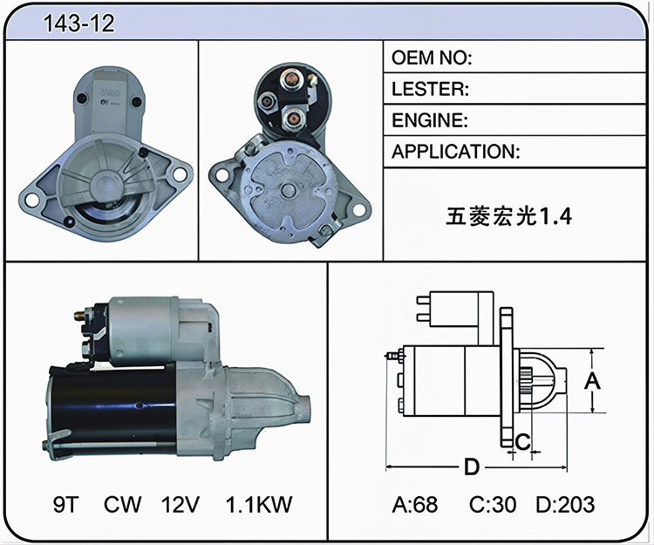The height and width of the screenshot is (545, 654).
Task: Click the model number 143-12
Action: click(x=78, y=24)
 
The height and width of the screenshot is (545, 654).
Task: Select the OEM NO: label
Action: click(x=432, y=58)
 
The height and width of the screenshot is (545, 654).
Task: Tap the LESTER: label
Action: click(x=430, y=89)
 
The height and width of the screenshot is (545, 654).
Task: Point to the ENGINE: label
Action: click(x=430, y=120)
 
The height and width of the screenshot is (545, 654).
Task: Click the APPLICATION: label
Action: click(x=456, y=152)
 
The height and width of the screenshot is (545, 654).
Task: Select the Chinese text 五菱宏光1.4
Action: click(x=508, y=216)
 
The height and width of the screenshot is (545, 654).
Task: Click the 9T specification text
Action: click(x=65, y=504)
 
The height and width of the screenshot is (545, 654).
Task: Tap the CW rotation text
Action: click(x=122, y=504)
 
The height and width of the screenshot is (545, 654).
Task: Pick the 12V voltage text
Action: click(x=181, y=504)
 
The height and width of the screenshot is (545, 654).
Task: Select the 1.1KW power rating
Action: click(x=259, y=504)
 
